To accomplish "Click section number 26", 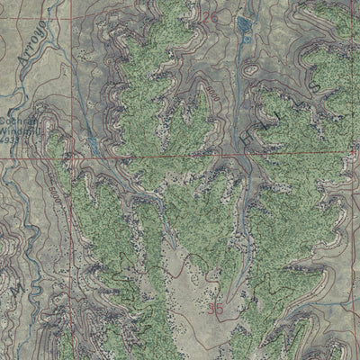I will click(211, 17).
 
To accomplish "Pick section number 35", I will click(215, 308).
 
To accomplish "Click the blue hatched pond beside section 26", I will click(244, 23).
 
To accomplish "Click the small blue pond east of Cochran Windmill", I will click(90, 144).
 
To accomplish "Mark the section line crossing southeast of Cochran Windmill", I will click(67, 156).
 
